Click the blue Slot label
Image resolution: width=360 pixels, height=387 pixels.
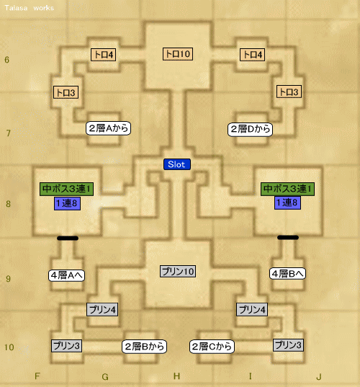177,164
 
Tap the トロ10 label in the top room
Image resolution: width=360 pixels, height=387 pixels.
178,54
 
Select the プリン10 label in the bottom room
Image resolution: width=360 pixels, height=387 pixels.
178,272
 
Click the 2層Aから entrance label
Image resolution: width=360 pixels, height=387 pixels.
108,128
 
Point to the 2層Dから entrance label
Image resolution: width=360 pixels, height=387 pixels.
250,129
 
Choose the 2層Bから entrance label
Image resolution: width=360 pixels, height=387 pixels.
144,347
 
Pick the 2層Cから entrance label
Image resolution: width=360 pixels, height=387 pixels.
212,347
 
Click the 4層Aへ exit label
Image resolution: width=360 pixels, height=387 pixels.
66,275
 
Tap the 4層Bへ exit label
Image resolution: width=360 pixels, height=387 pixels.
287,273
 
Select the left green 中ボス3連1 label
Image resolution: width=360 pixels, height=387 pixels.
66,189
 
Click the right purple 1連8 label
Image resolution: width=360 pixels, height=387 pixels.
287,203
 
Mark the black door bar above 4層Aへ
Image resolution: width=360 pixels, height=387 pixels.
68,238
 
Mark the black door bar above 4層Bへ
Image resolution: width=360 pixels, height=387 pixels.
288,237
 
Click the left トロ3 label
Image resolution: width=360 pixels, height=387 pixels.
66,92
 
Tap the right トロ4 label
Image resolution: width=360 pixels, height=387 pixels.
253,55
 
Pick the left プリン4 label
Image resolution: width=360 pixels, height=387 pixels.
102,309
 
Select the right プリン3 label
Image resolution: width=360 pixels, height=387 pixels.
288,345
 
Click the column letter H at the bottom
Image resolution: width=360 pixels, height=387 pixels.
176,376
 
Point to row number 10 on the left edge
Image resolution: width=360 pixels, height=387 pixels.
9,347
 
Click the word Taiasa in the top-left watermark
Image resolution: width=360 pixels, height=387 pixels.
16,8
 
